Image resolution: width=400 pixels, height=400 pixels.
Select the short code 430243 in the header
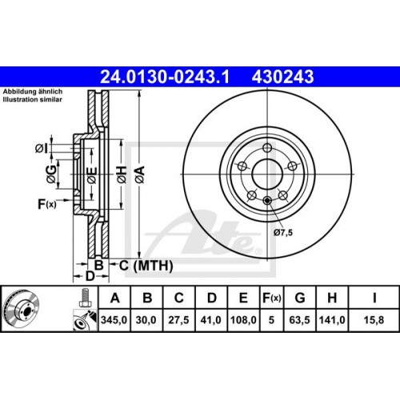[282, 78]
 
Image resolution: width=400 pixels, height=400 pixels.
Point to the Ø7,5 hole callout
[284, 232]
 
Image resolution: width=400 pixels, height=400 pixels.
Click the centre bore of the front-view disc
[266, 170]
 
